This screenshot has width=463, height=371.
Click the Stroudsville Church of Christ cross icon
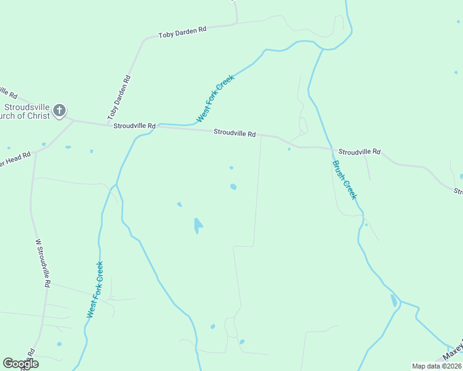59,111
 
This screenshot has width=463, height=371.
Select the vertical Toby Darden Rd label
119,97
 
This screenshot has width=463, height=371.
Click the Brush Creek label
345,180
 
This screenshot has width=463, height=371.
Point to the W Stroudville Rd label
42,263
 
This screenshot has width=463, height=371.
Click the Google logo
20,364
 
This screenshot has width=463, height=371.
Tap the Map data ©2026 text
436,366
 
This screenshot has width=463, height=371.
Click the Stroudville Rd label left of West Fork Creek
134,126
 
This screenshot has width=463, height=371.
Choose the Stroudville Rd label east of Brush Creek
360,151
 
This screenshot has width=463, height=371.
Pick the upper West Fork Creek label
215,98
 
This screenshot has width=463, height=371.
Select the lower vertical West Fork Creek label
95,289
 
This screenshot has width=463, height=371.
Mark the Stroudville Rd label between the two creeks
235,133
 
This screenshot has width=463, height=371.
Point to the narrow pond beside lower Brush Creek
394,301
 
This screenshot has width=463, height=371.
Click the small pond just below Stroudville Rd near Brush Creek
289,148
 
